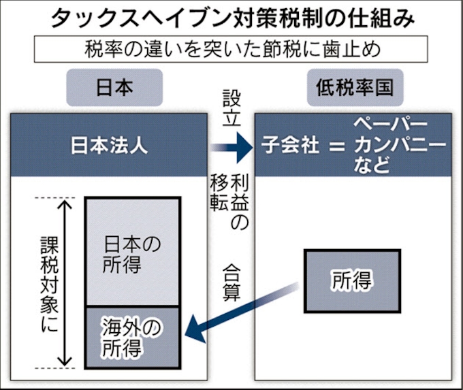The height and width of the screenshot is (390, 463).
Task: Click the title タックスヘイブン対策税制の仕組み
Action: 231,18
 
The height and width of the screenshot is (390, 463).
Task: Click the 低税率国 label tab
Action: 350,88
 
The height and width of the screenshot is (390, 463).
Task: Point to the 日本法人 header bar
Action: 110,146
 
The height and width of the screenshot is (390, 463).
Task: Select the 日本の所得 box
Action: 133,252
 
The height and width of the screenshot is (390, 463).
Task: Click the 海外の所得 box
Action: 133,337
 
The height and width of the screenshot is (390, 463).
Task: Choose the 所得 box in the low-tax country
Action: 352,279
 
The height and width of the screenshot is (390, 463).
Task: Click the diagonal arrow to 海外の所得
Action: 245,310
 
